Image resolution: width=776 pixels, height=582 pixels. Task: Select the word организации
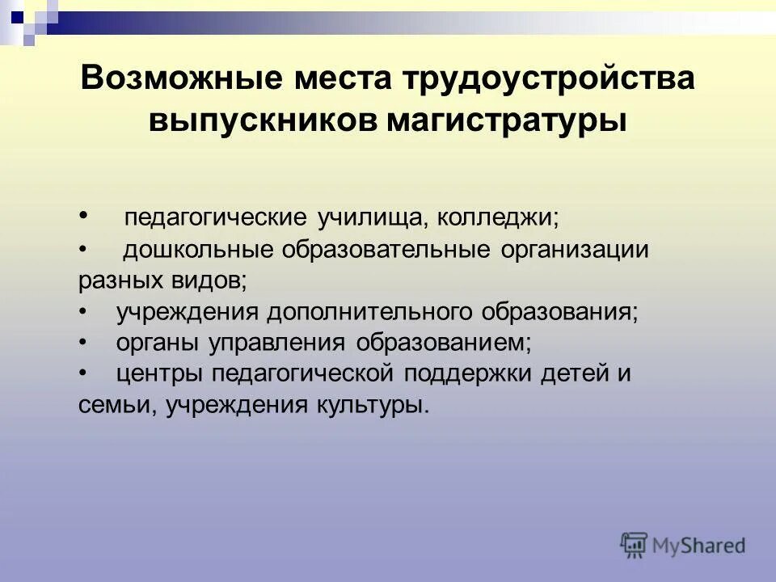pyautogui.click(x=575, y=250)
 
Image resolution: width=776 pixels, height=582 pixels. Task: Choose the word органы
pyautogui.click(x=159, y=344)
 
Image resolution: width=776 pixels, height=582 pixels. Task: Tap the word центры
pyautogui.click(x=159, y=374)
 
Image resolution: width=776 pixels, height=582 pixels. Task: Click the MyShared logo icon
pyautogui.click(x=635, y=544)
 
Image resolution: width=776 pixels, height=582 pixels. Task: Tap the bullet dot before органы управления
pyautogui.click(x=84, y=343)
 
